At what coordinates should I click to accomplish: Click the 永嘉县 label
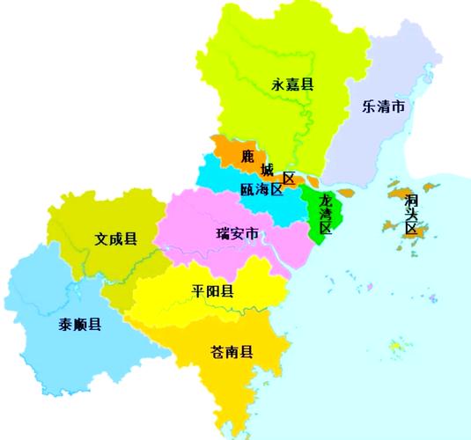click(x=293, y=84)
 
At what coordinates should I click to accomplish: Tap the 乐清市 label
click(x=384, y=107)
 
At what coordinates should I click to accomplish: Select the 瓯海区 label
click(x=260, y=190)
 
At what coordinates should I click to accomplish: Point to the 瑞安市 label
click(x=238, y=234)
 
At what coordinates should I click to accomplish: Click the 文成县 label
click(x=116, y=238)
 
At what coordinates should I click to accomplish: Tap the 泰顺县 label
click(x=80, y=324)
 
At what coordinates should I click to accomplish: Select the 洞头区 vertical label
click(x=410, y=214)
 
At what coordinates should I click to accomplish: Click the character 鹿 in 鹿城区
click(x=247, y=157)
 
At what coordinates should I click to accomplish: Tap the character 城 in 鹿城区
click(x=267, y=169)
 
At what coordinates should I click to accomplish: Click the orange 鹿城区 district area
click(x=227, y=151)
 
